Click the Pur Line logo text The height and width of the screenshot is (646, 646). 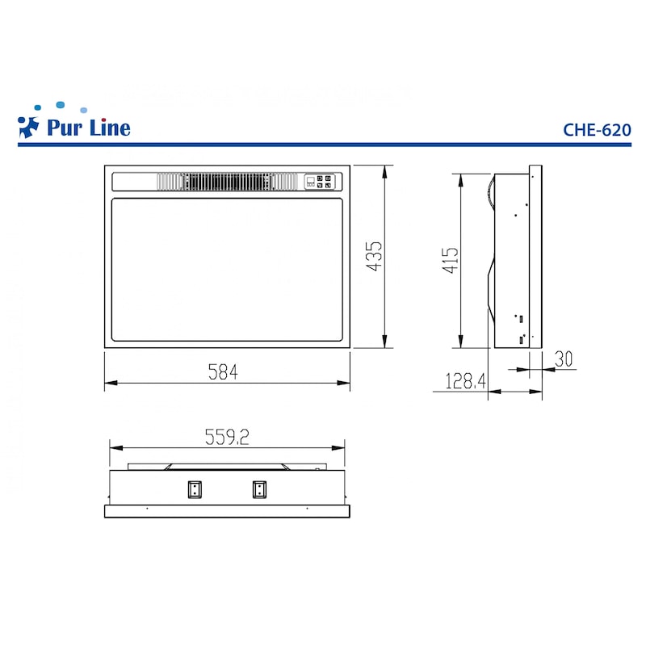tap(87, 128)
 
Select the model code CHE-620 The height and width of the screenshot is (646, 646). tap(597, 128)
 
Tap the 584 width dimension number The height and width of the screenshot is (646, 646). tap(224, 371)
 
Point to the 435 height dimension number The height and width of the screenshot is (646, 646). tap(373, 256)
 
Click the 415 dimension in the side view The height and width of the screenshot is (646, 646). tap(450, 261)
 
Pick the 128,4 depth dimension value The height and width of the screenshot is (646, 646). tap(464, 380)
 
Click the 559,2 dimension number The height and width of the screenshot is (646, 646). tap(226, 437)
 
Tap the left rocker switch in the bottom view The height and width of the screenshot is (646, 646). tap(195, 489)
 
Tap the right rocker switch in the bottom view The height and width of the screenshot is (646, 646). tap(258, 489)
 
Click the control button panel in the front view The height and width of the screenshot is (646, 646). tap(317, 182)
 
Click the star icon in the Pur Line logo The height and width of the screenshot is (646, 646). tap(28, 126)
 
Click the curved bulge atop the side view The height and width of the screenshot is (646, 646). tap(489, 195)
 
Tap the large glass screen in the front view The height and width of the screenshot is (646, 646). tap(228, 269)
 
